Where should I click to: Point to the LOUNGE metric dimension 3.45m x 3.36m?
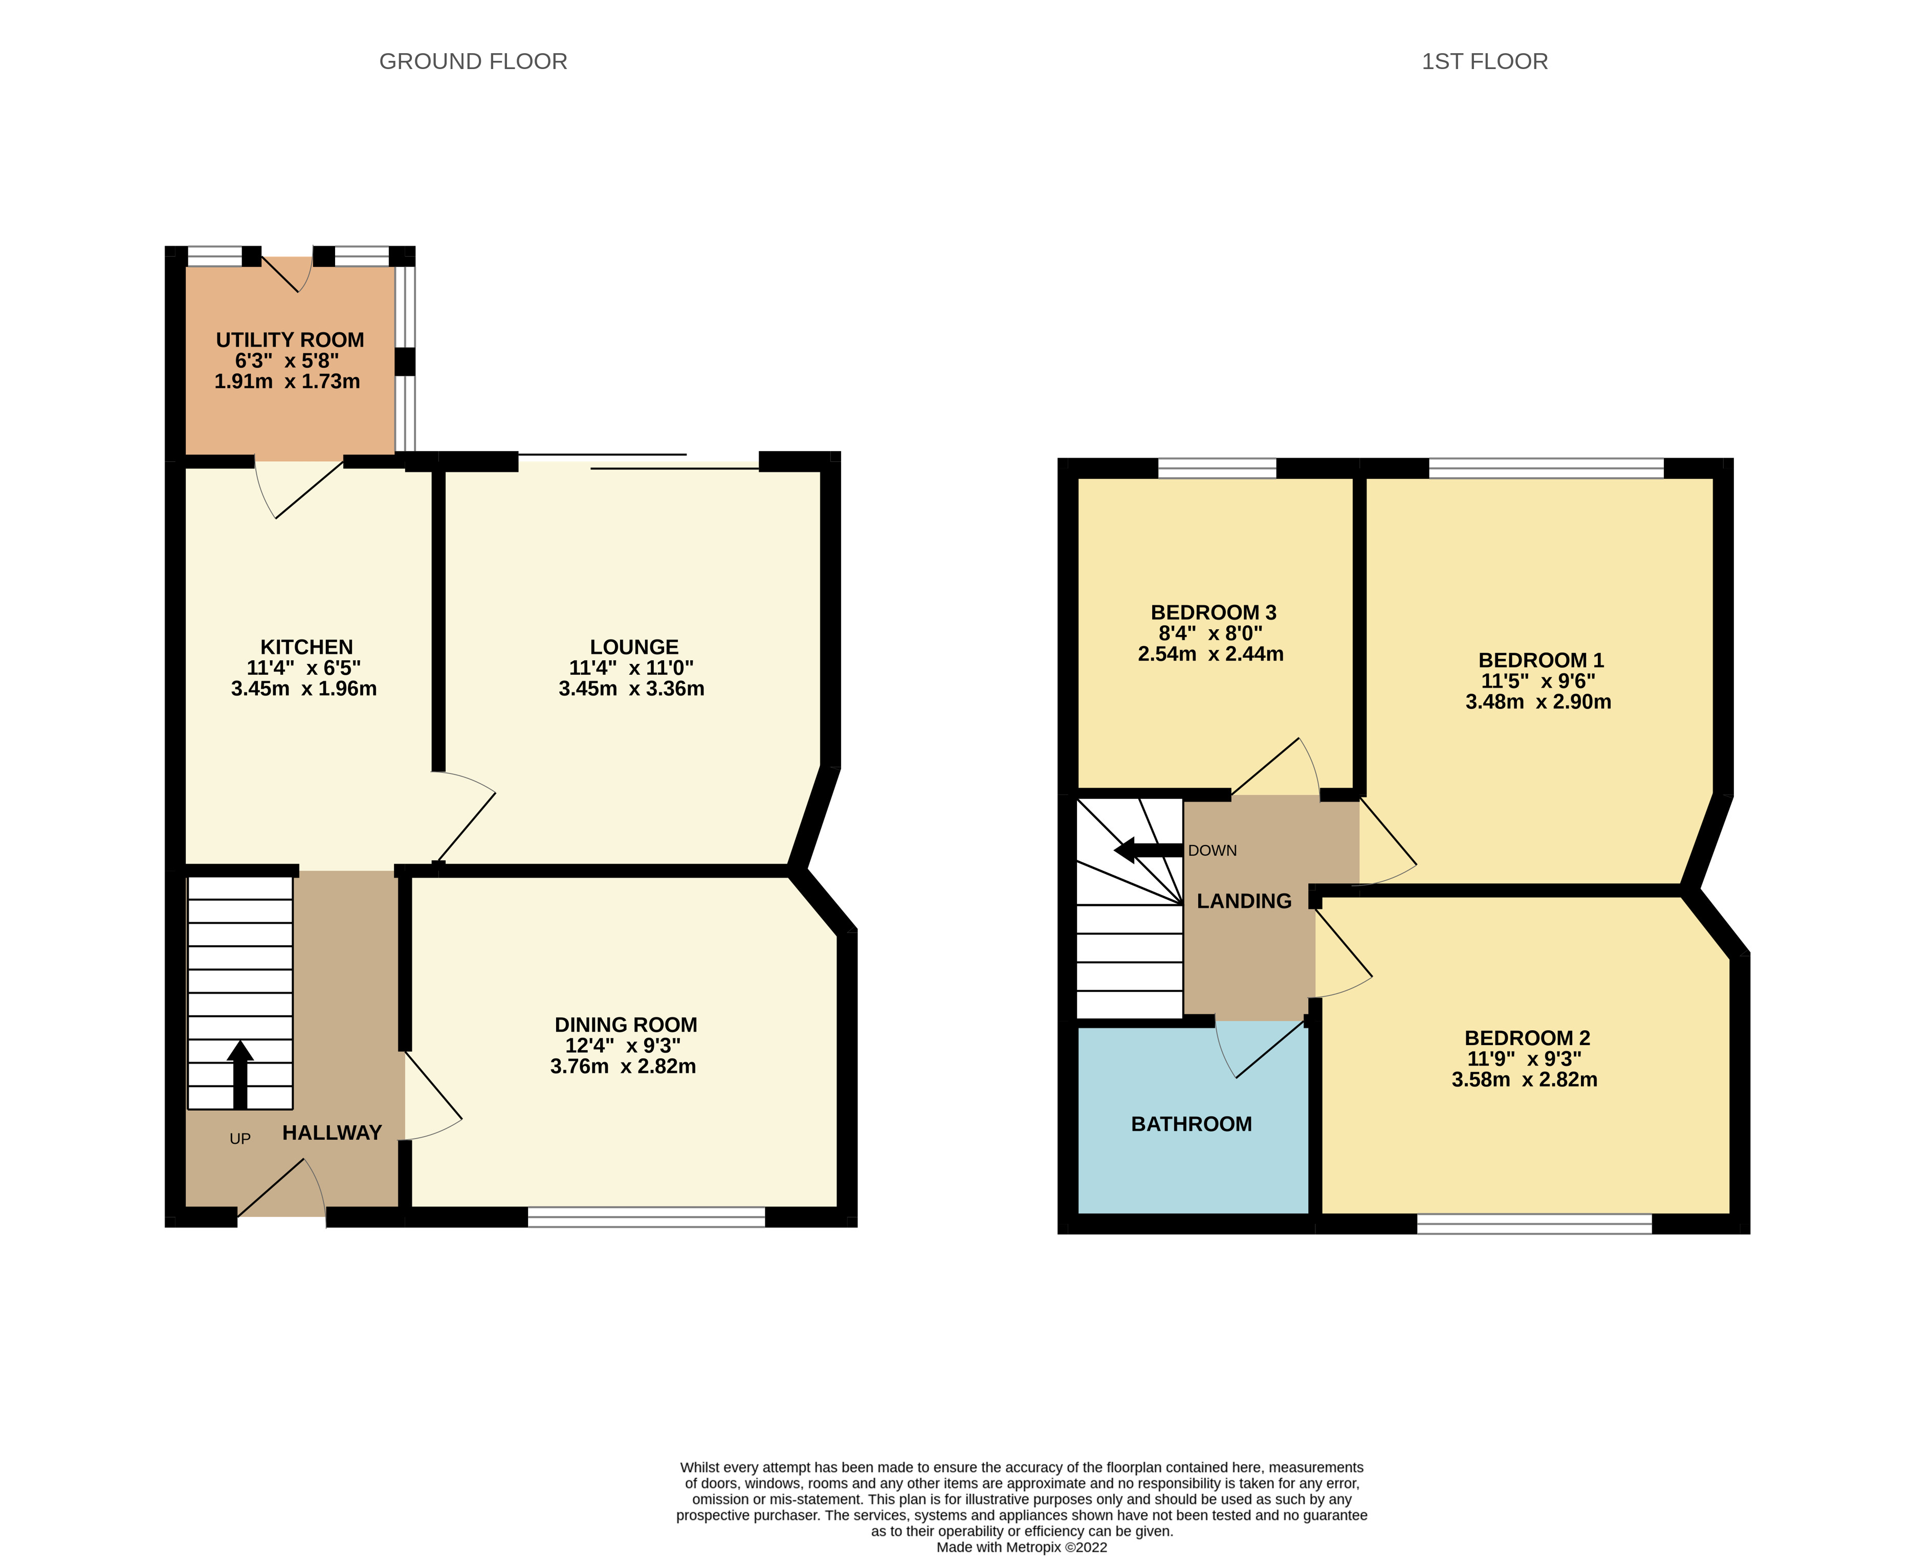[631, 688]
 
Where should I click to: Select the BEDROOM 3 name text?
[1213, 612]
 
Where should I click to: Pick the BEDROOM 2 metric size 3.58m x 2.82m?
[1524, 1079]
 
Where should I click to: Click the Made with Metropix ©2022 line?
[1021, 1547]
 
